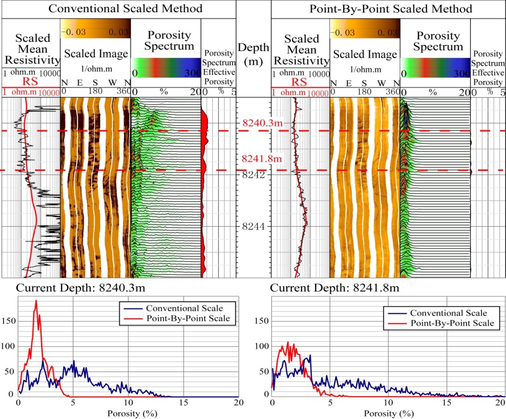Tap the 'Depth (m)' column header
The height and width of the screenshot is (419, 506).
coord(253,54)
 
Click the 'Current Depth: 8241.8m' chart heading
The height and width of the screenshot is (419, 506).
coord(334,288)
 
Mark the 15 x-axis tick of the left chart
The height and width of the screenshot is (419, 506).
coord(183,402)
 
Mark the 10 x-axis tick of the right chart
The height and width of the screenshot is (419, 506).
coord(387,402)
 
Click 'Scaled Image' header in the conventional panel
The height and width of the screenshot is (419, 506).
coord(96,54)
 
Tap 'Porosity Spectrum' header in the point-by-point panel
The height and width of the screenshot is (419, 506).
coord(435,41)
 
